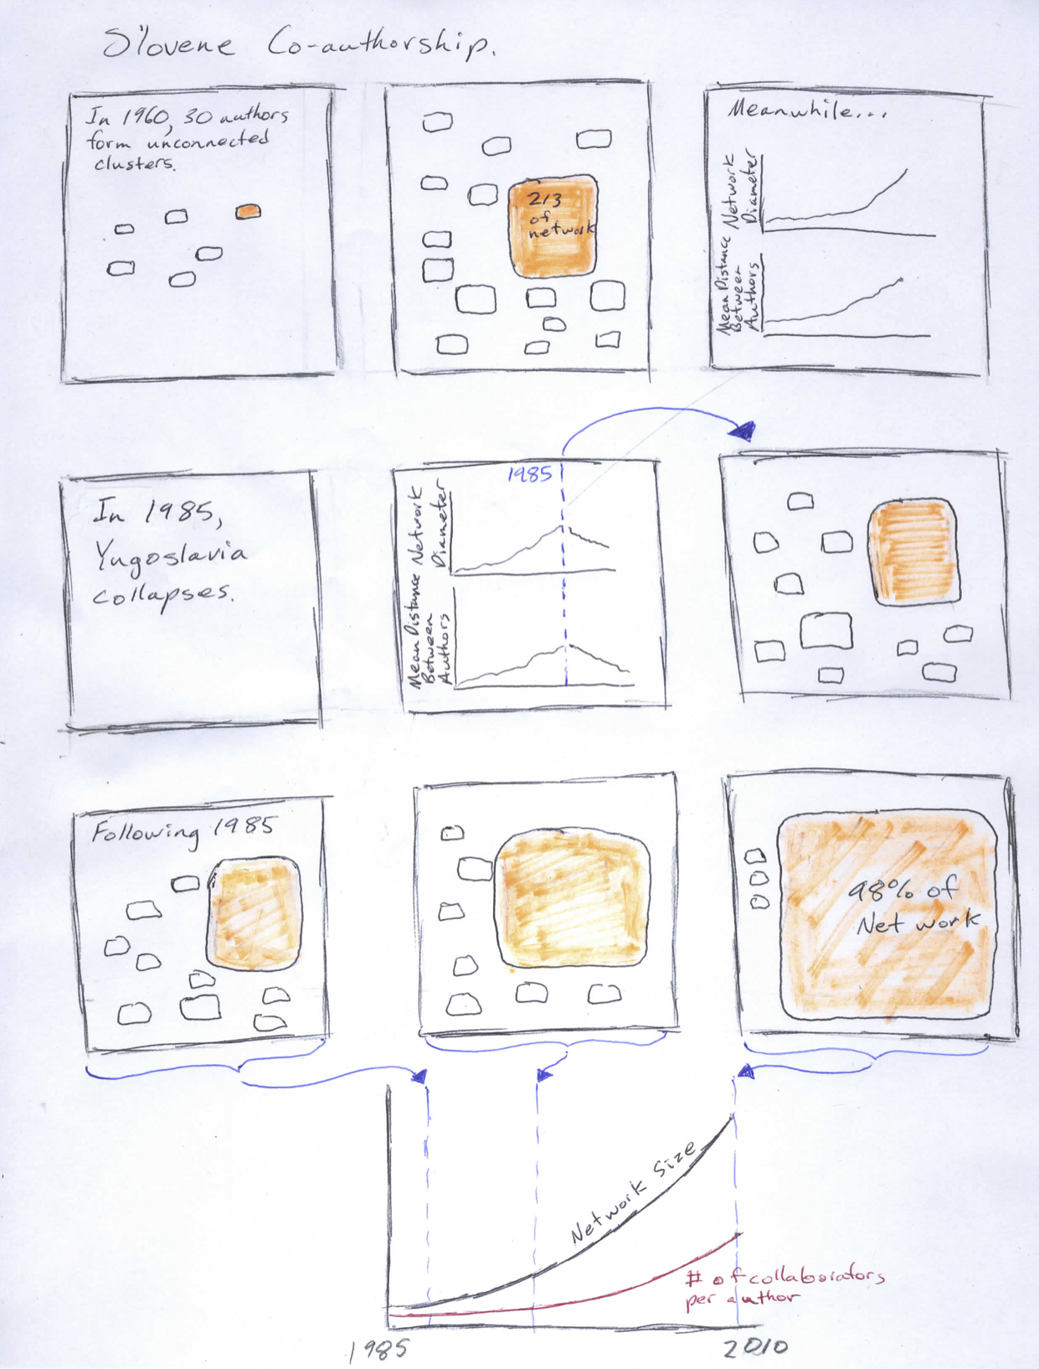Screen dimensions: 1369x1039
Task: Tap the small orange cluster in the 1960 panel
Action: (x=248, y=212)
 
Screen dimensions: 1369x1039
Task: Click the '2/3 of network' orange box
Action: (x=553, y=225)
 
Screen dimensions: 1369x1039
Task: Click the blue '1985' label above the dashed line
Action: (x=530, y=474)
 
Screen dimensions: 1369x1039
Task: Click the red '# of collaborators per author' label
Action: (x=783, y=1286)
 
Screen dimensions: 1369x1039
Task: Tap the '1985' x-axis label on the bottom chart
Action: (x=378, y=1349)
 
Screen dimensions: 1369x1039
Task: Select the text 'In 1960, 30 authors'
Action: (x=188, y=117)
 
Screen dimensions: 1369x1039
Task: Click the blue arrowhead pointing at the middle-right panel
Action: (x=743, y=431)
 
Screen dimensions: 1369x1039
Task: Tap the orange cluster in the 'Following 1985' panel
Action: (x=254, y=914)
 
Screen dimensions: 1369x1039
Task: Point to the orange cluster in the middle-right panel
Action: (x=913, y=550)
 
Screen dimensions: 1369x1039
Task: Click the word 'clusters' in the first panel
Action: (x=134, y=163)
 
